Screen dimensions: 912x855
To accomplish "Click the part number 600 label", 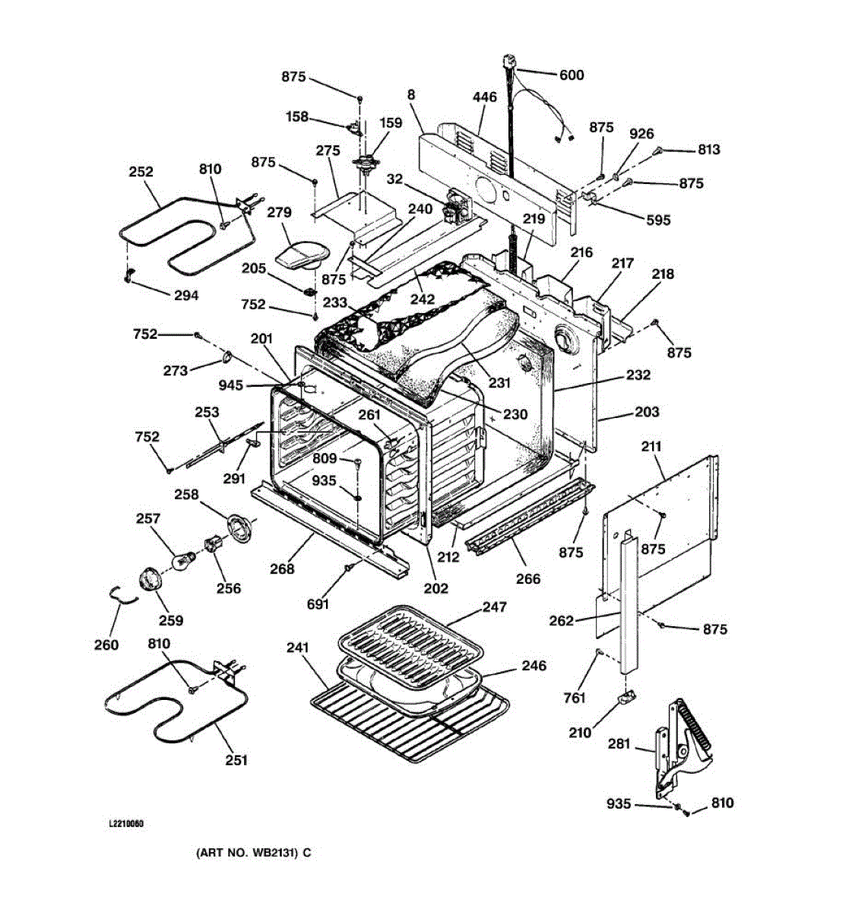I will [x=572, y=74].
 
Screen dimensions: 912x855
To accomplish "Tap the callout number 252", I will [x=141, y=172].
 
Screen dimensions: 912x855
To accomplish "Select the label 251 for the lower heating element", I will [x=236, y=759].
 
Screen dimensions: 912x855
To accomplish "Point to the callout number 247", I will [x=495, y=607].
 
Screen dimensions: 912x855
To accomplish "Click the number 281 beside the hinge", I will [x=619, y=743].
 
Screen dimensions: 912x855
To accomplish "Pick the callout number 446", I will [x=484, y=97].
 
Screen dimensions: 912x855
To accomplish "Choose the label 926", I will [x=641, y=134].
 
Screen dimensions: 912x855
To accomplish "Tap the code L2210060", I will [x=126, y=823].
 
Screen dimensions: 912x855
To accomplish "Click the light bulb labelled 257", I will [x=182, y=562].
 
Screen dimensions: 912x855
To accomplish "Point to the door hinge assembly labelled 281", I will [x=680, y=745].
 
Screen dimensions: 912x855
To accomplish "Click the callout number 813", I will [x=708, y=150].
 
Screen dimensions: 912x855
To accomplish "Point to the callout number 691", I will [x=318, y=603].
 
